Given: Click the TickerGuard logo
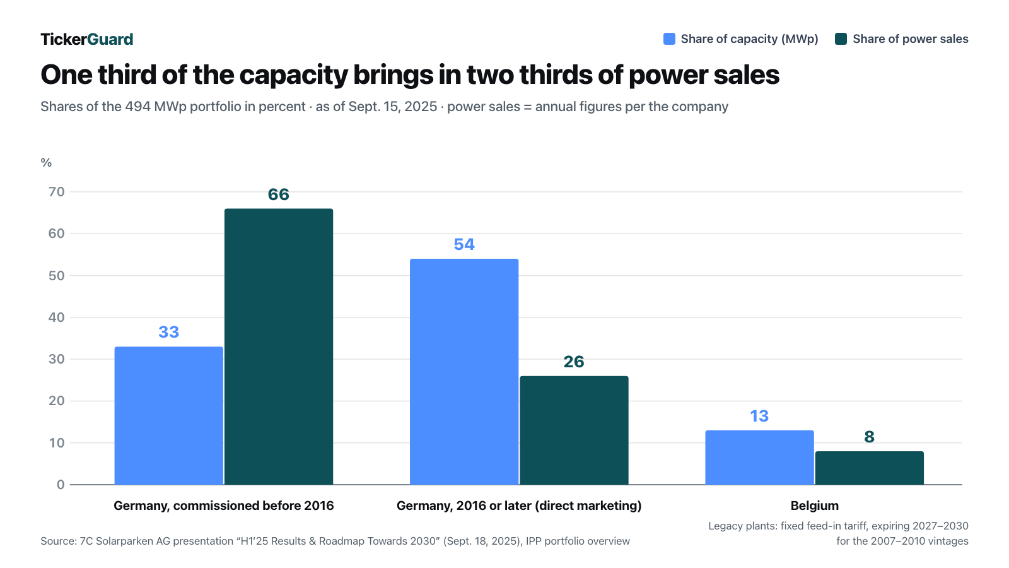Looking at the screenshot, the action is point(87,39).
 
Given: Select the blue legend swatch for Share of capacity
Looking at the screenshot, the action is point(669,38).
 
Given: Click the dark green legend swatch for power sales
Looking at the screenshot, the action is point(841,38).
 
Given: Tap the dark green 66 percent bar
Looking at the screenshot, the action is point(279,346).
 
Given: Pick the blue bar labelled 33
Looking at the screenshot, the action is point(169,416).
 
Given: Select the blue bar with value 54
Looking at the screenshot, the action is point(464,372).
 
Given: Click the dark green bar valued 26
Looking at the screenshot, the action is point(574,430).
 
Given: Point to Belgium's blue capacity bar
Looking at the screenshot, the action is point(759,458).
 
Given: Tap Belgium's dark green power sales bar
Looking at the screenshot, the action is point(870,468).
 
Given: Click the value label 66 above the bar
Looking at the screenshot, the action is point(278,194).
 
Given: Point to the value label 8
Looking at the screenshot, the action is point(870,437).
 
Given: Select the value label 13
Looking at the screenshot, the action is point(759,416).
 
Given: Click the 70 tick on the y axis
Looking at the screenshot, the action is point(57,192).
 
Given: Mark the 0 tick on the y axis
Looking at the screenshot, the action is point(61,485).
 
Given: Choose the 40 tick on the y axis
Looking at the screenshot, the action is point(57,317).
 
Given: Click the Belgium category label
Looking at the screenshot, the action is point(814,506).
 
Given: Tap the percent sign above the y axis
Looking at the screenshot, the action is point(46,163).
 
